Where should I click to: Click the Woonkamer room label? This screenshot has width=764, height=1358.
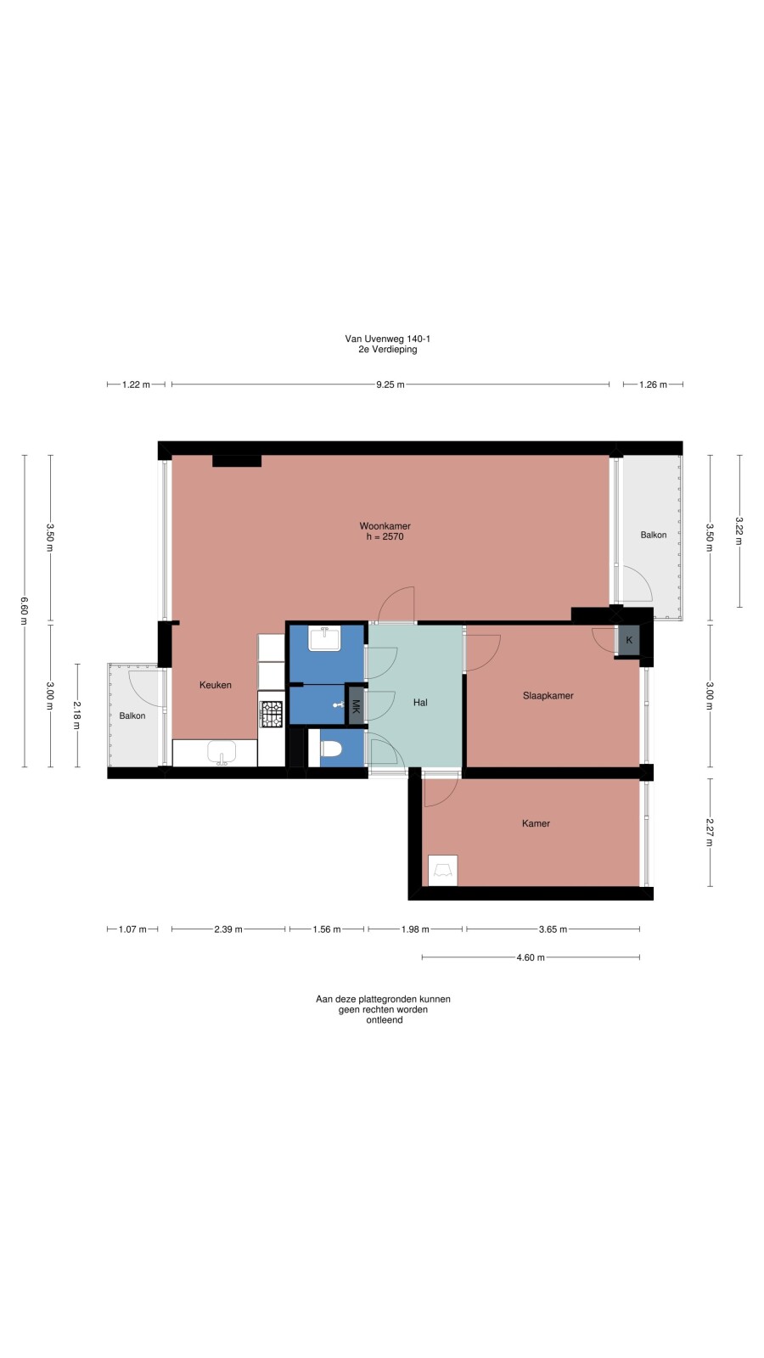(x=385, y=526)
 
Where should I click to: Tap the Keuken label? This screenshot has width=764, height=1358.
(x=216, y=685)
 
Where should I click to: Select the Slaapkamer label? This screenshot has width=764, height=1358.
(x=548, y=696)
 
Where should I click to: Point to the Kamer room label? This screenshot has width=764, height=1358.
(x=536, y=823)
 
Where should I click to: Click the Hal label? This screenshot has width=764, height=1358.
(x=420, y=703)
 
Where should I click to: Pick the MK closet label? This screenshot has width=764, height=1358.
(x=356, y=707)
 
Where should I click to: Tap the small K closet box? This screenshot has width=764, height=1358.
(x=629, y=640)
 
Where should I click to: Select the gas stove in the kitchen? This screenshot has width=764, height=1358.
(x=271, y=714)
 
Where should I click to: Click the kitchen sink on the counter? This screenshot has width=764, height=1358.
(x=222, y=752)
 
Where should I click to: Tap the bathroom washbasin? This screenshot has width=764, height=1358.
(x=325, y=638)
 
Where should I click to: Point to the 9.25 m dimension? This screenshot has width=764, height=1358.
(x=390, y=384)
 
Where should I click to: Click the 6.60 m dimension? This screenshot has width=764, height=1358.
(x=25, y=611)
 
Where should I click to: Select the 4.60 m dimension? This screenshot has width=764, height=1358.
(x=531, y=957)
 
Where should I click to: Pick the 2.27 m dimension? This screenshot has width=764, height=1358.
(x=710, y=833)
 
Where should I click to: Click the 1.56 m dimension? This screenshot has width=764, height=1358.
(x=327, y=929)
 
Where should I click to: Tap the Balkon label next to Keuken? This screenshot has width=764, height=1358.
(x=132, y=716)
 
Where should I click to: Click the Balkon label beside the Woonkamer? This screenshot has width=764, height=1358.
(x=654, y=535)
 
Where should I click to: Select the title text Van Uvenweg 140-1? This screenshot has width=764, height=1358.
(x=388, y=339)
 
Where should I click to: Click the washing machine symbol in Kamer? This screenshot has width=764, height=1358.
(x=442, y=871)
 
